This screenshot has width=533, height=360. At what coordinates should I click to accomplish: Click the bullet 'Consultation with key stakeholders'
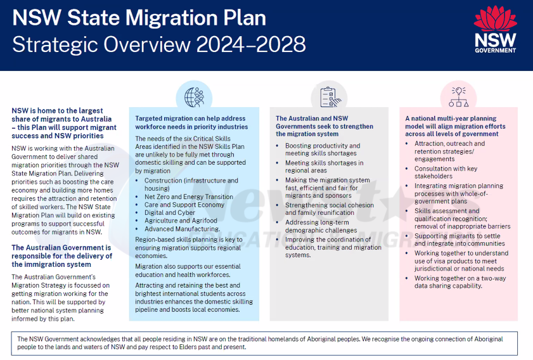[x=446, y=172]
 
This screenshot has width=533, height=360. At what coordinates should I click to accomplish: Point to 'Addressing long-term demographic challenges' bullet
[x=321, y=226]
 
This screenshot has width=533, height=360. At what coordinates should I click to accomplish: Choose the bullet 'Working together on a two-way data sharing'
[x=455, y=281]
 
